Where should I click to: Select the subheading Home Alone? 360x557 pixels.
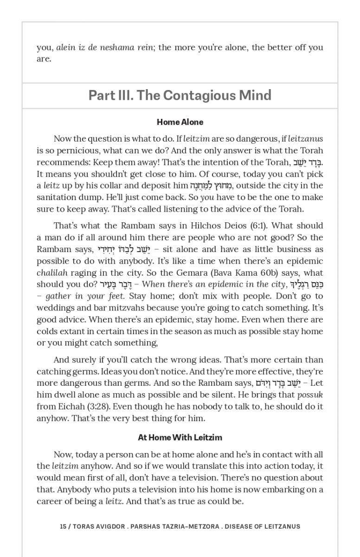(x=180, y=123)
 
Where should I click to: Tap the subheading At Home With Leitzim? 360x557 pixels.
(x=180, y=437)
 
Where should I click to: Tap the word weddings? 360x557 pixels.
(x=57, y=307)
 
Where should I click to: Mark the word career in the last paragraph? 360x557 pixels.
(x=51, y=501)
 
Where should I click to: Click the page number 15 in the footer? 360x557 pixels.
(x=64, y=526)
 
